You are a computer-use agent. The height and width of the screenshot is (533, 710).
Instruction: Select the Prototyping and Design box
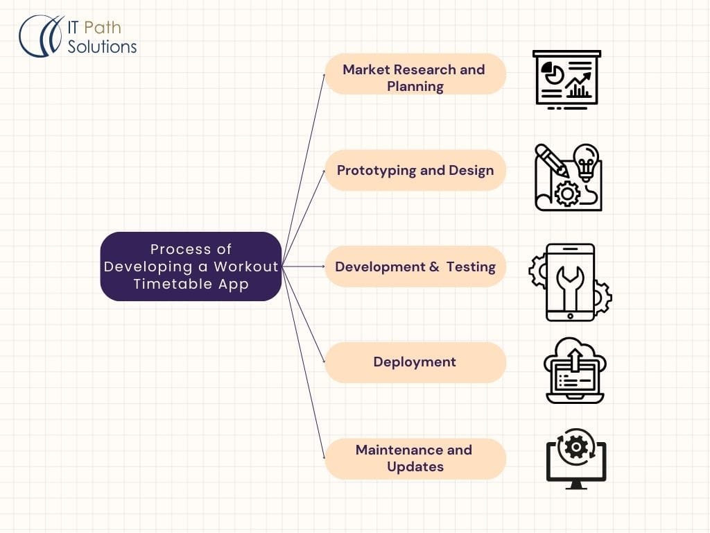415,170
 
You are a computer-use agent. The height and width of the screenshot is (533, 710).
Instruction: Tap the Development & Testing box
415,266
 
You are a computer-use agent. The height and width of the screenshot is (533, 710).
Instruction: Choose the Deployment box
415,362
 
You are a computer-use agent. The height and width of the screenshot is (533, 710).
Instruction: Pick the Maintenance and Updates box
415,458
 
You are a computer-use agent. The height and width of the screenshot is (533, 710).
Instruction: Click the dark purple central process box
191,266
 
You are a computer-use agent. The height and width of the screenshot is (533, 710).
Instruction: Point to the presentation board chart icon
566,78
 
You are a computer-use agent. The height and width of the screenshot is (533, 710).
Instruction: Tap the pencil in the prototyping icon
552,159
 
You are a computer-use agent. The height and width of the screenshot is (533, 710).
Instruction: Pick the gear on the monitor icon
576,446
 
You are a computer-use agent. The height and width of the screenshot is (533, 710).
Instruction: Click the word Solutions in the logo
102,46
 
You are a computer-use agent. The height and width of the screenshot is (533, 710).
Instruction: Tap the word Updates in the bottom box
415,467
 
